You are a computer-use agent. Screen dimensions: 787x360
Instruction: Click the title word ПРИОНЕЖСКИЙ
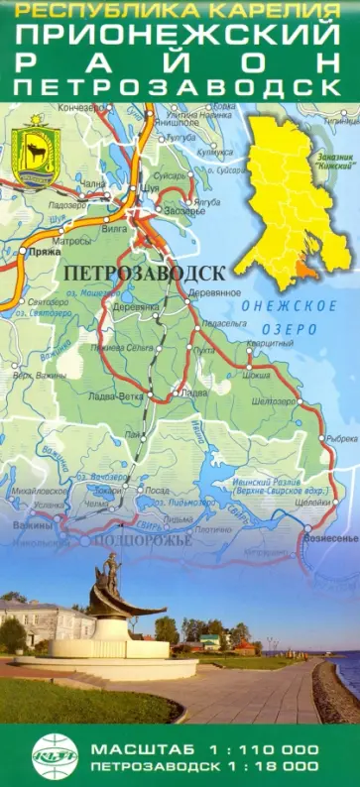(180, 36)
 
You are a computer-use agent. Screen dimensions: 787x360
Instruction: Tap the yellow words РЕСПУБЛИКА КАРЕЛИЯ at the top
(180, 11)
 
